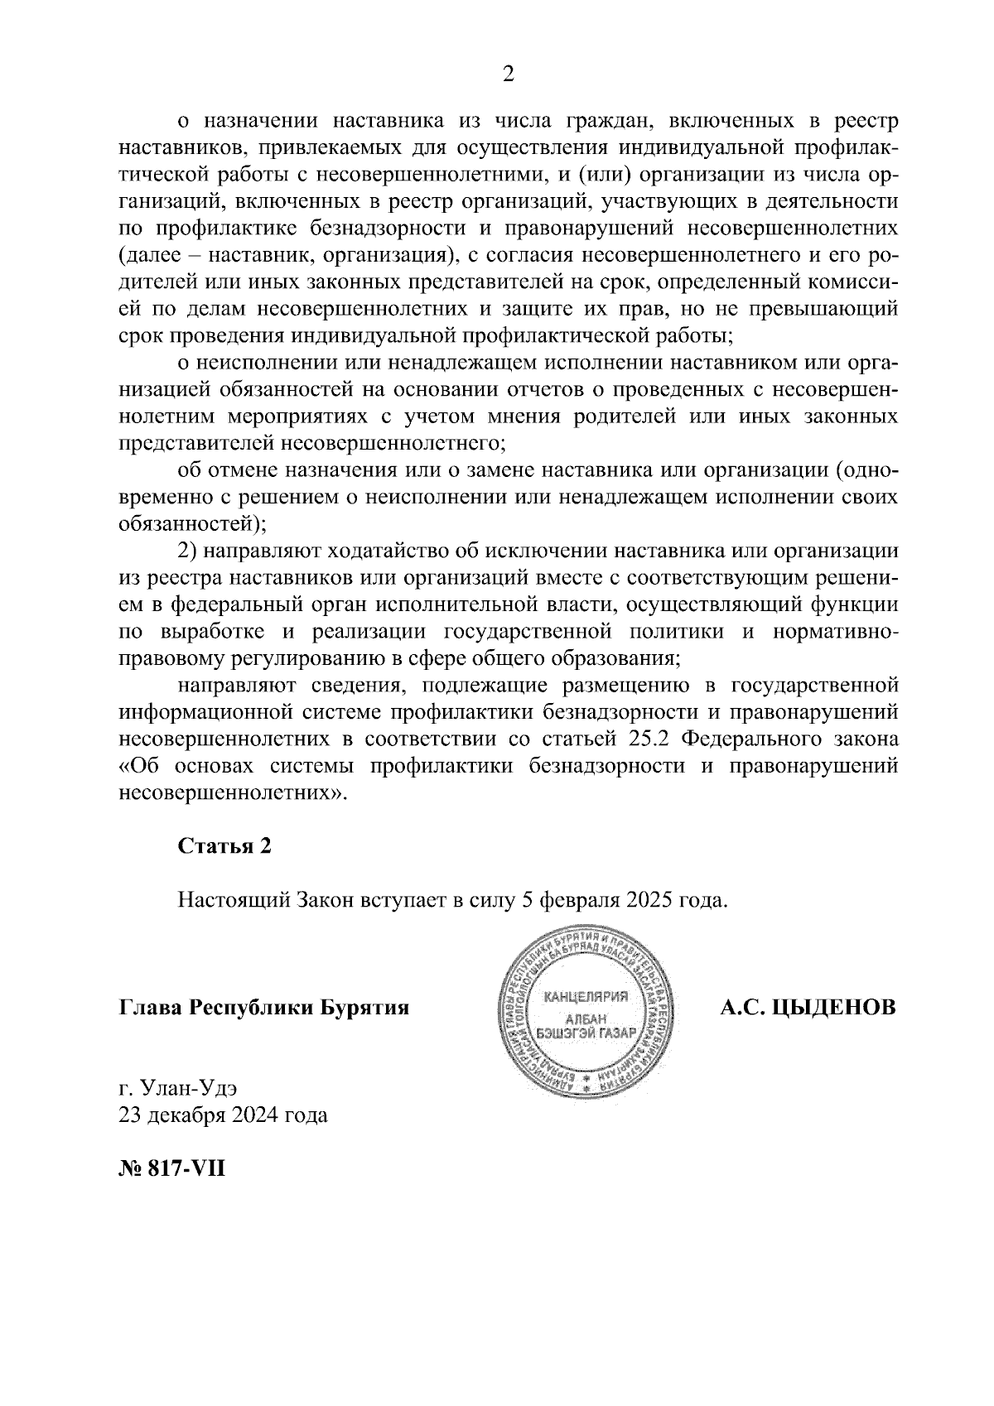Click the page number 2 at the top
pos(509,75)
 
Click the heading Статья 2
pos(224,846)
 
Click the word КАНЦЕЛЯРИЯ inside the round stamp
pos(586,995)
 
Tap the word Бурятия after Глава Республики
pos(367,1008)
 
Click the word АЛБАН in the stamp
pos(586,1018)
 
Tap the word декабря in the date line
pos(185,1115)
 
